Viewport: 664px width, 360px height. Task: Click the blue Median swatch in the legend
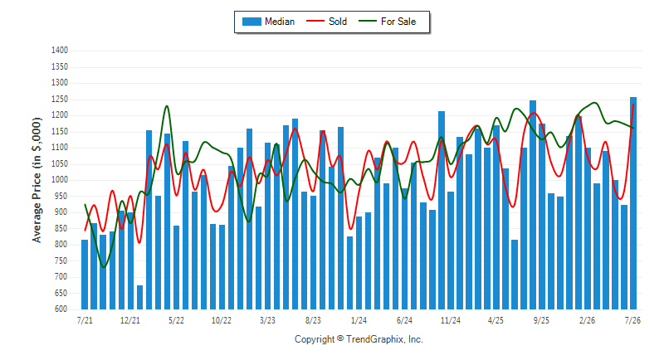click(x=251, y=22)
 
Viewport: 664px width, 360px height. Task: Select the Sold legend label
click(x=338, y=22)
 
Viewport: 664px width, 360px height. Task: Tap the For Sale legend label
click(x=398, y=22)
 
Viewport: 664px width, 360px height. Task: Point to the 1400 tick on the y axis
click(x=60, y=51)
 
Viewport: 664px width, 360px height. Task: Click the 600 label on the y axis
click(x=61, y=309)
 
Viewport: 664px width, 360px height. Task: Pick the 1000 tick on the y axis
click(x=60, y=180)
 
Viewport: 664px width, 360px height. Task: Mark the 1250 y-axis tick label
click(x=60, y=99)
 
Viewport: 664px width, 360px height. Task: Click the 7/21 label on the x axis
click(x=85, y=320)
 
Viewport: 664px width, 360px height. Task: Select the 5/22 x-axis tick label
click(x=176, y=320)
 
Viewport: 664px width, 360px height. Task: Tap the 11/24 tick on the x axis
click(x=450, y=320)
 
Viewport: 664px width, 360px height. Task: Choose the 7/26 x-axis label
click(x=632, y=320)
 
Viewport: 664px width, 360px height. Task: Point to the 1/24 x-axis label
click(x=359, y=320)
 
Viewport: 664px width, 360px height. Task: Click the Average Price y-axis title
click(x=37, y=180)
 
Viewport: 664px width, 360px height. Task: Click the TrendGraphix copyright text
click(x=359, y=339)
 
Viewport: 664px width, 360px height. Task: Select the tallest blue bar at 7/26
click(x=633, y=203)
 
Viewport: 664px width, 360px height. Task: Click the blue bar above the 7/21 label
click(x=85, y=275)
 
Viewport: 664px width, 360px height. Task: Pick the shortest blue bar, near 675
click(x=139, y=298)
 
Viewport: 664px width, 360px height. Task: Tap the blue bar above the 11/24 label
click(x=451, y=251)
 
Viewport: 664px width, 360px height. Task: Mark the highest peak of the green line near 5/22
click(x=167, y=106)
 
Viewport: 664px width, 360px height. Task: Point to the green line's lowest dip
click(x=104, y=267)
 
